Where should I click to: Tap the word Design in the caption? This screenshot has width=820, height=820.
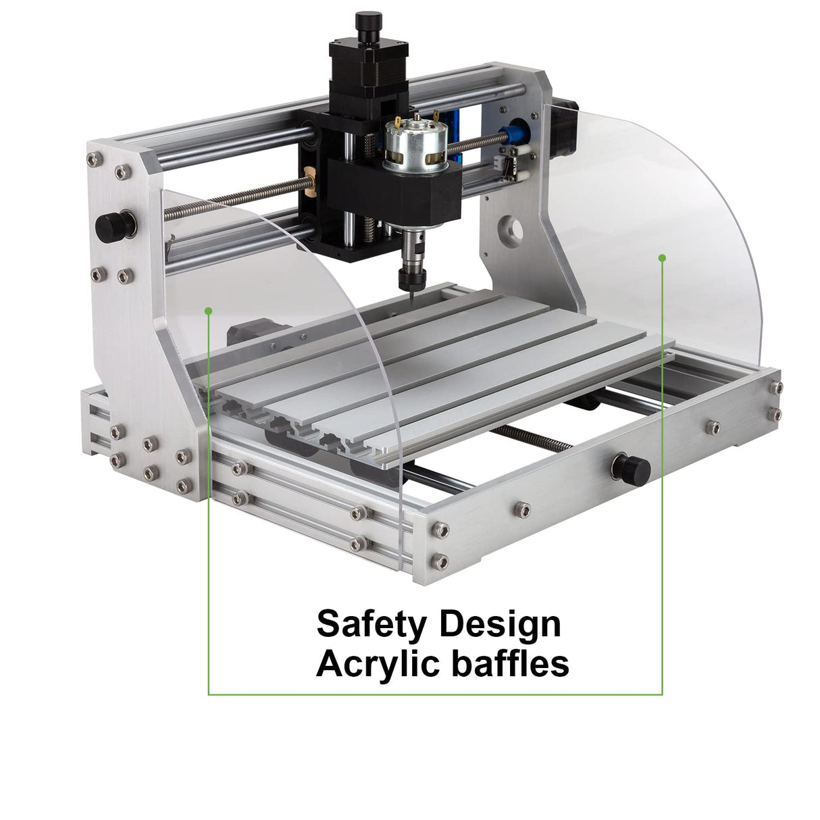(500, 625)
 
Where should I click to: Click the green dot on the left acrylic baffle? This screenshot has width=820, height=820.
(209, 311)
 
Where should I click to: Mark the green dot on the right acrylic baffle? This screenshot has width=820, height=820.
(662, 257)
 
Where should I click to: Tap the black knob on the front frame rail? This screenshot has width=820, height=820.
(631, 467)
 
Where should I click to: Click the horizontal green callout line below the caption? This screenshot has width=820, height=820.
(435, 694)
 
